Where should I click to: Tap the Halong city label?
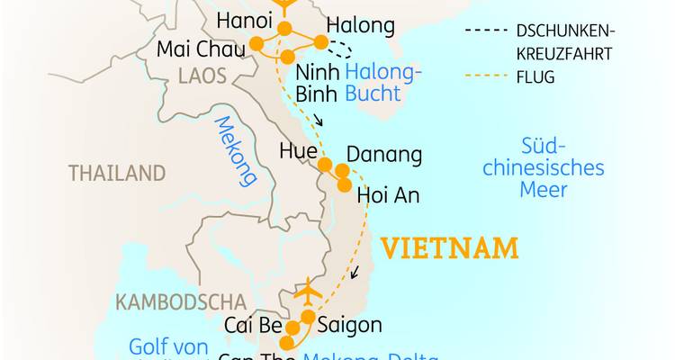tap(360, 26)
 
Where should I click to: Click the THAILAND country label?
tap(117, 173)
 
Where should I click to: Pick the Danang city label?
tap(383, 155)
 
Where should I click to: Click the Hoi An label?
tap(389, 195)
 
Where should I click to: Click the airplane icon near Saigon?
tap(308, 292)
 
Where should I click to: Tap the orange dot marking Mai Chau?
tap(256, 43)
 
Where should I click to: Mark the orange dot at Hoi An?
tap(345, 185)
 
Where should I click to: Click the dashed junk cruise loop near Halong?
tap(340, 49)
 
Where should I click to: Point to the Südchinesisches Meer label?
tap(562, 167)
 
